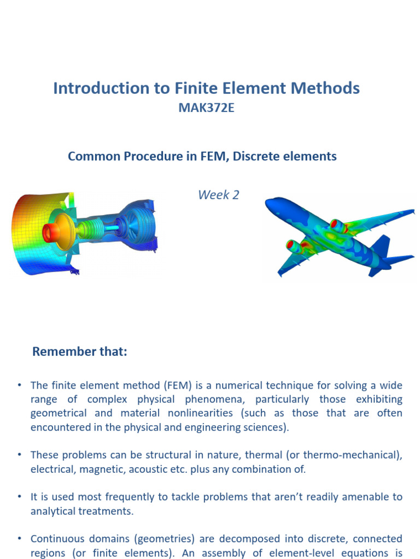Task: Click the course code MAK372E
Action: pos(206,108)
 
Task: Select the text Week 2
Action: pos(218,195)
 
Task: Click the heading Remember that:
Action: pos(79,352)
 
